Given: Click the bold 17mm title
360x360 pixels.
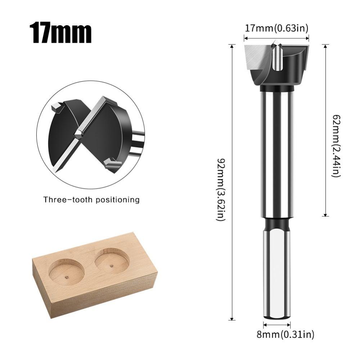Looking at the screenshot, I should (60, 33).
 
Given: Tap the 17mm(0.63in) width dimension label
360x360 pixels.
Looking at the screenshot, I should (276, 28).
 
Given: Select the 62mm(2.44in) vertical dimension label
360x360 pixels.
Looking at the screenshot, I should (336, 145).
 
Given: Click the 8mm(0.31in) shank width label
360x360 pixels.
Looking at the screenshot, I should (285, 334).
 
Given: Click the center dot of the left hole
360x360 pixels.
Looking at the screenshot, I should (67, 277).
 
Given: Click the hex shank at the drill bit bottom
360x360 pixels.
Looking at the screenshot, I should (276, 274).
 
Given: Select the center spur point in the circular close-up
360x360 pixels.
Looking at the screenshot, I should (77, 134).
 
